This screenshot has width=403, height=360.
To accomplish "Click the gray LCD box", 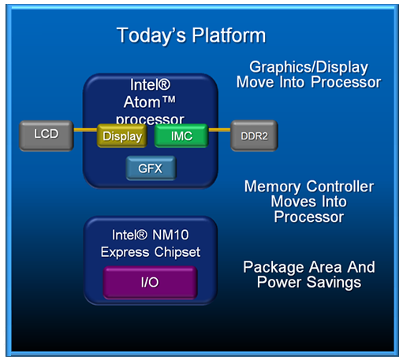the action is pos(47,135).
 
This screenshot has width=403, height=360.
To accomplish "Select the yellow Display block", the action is pos(122,135).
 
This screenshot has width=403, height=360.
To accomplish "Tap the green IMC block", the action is pos(181,135).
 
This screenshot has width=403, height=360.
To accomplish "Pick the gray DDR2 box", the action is pos(254,135).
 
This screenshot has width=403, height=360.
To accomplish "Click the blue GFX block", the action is pos(151,168).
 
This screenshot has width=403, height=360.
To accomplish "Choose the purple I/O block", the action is pos(150,283).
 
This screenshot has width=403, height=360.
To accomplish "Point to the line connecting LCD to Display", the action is pos(85,130).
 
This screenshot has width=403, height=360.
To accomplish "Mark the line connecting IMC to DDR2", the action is pos(219,130).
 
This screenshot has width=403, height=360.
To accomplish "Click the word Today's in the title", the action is pos(151,35).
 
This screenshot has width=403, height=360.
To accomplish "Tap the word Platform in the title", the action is pos(229,35).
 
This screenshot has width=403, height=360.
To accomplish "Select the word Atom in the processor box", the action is pos(142,102).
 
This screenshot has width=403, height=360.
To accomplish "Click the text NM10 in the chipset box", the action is pos(170,235).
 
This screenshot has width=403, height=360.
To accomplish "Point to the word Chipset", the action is pos(177,252).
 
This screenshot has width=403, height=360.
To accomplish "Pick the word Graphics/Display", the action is pos(308,68).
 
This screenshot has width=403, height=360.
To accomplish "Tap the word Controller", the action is pos(340,187).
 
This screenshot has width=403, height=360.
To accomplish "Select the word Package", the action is pos(274,268).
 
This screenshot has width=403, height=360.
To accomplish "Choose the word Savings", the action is pos(334,283).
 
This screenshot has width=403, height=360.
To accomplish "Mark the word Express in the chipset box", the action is pos(125,253).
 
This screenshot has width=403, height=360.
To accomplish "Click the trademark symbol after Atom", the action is pos(169,99).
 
